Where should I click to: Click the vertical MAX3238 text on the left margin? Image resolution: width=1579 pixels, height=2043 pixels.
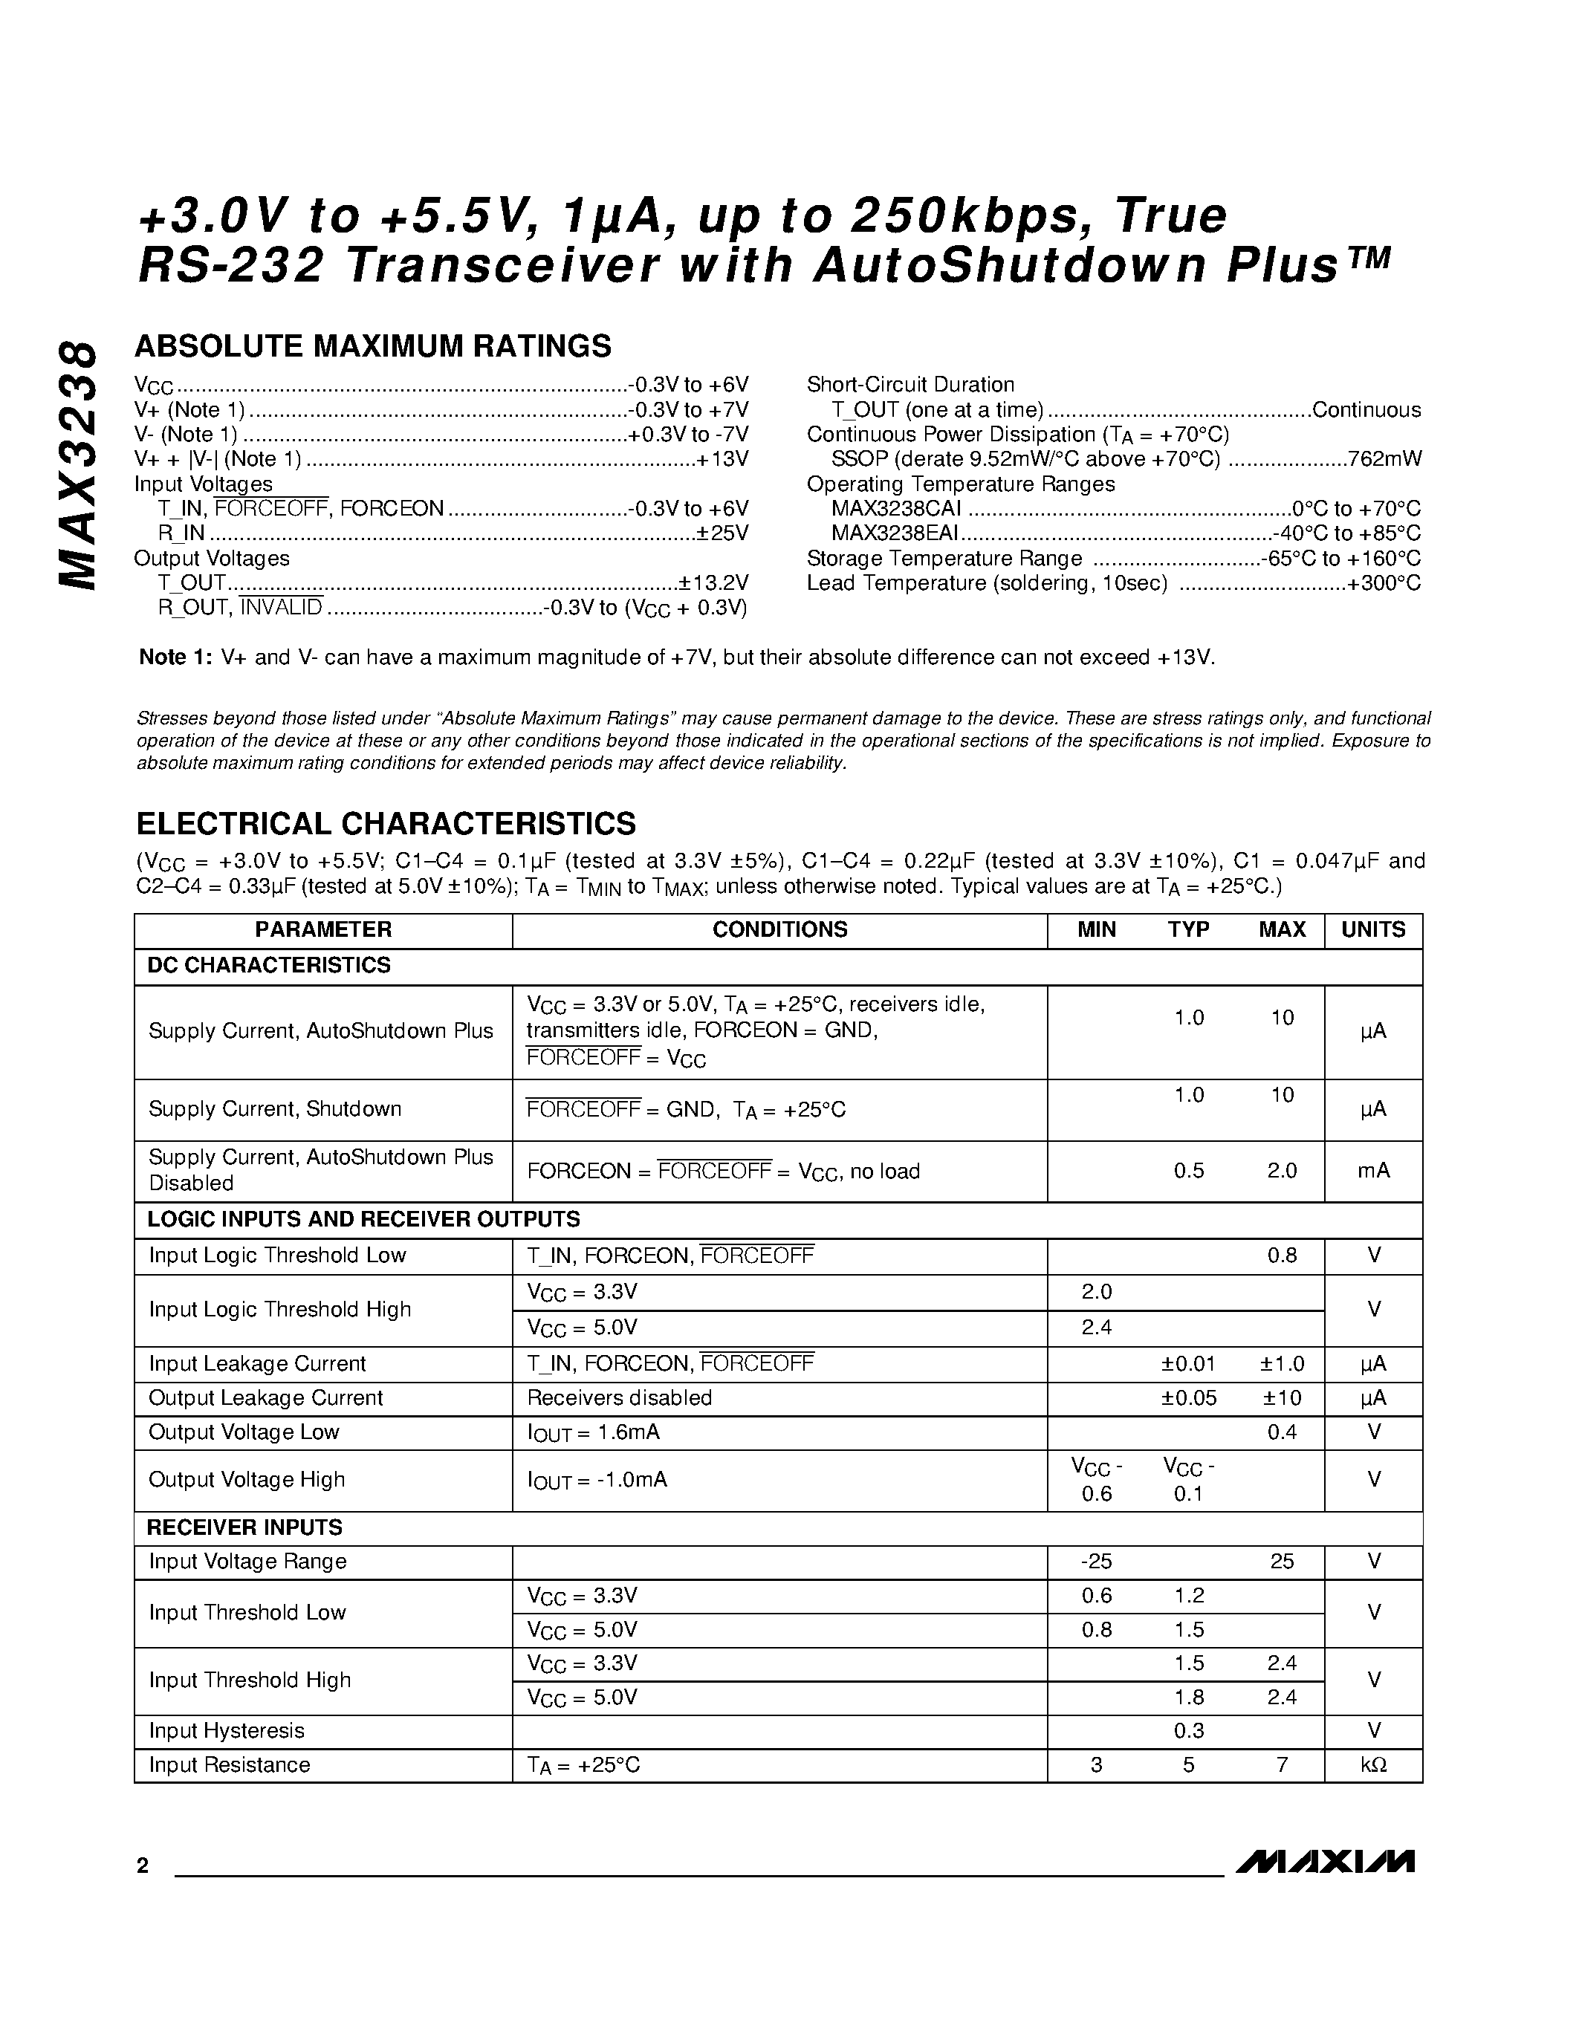(77, 465)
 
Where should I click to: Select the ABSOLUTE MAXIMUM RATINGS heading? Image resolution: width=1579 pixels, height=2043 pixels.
(373, 346)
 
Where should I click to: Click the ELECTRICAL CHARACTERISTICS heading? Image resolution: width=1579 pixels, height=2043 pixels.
(386, 823)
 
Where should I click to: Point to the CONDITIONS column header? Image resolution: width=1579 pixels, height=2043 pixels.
(779, 930)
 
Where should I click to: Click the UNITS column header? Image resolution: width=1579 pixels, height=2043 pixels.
(1372, 930)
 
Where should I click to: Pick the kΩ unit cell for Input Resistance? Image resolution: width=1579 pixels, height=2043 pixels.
(1372, 1765)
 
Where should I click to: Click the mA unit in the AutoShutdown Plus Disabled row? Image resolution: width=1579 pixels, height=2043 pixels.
(1372, 1170)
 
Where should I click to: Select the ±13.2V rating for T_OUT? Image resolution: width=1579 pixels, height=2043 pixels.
(714, 582)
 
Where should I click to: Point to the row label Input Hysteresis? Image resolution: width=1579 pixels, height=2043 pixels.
(227, 1730)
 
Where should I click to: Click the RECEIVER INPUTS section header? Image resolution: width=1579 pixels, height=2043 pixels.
(244, 1527)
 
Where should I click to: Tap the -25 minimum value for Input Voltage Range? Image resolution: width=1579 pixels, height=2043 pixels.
(1095, 1562)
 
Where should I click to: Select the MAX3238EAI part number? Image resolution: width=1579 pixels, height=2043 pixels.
(895, 533)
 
